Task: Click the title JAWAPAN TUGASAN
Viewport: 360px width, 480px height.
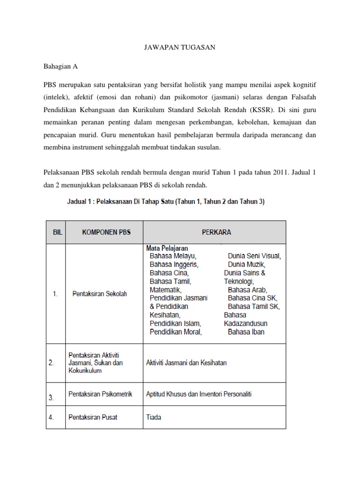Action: click(180, 48)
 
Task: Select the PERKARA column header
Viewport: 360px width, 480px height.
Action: click(216, 232)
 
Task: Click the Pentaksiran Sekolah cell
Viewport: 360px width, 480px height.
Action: click(99, 294)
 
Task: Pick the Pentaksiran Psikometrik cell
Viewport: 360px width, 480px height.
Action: click(100, 394)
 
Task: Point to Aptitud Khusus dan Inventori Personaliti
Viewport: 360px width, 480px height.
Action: click(199, 394)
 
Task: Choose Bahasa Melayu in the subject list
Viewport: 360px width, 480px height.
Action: click(172, 256)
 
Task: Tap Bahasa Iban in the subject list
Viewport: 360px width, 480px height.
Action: click(246, 332)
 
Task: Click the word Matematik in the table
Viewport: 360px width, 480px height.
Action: click(165, 290)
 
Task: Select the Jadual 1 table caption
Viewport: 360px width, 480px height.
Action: click(164, 202)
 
